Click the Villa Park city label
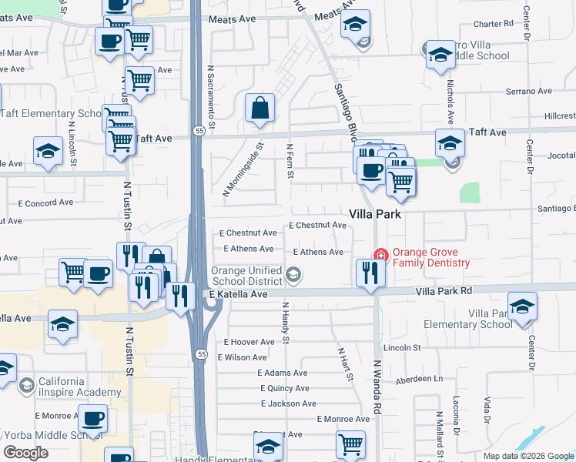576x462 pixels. pyautogui.click(x=375, y=214)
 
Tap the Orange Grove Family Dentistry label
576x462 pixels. pyautogui.click(x=430, y=257)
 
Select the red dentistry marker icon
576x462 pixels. pyautogui.click(x=380, y=255)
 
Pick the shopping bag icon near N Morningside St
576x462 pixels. pyautogui.click(x=260, y=109)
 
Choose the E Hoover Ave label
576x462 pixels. pyautogui.click(x=249, y=342)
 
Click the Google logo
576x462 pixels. pyautogui.click(x=25, y=453)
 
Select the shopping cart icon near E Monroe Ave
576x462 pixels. pyautogui.click(x=350, y=444)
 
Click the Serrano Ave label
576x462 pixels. pyautogui.click(x=531, y=91)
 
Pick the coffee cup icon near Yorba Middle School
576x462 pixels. pyautogui.click(x=93, y=419)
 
